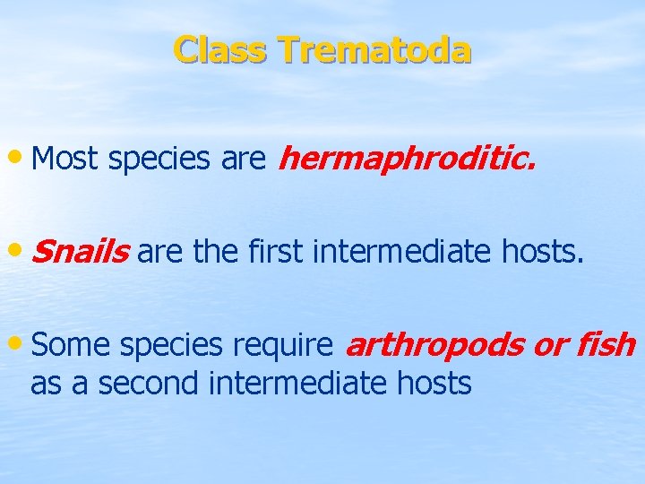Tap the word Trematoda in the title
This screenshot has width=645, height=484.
tap(374, 49)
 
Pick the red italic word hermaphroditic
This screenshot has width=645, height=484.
tap(408, 160)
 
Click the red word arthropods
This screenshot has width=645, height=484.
tap(435, 345)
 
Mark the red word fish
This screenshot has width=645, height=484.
tap(606, 345)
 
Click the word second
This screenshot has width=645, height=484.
tap(149, 384)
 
